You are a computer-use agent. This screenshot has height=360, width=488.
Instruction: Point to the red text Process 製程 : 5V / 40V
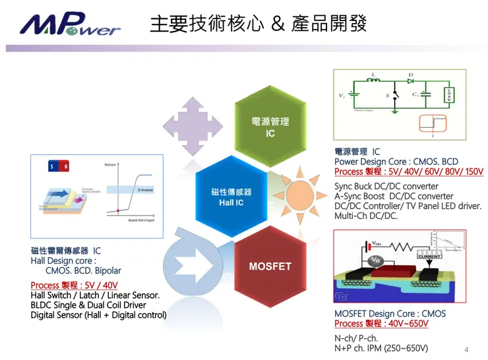(74, 285)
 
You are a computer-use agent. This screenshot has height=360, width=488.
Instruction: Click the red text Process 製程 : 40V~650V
(381, 324)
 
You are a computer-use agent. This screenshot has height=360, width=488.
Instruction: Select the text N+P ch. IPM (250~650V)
(381, 348)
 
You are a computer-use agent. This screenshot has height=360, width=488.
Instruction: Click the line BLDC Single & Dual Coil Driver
(88, 305)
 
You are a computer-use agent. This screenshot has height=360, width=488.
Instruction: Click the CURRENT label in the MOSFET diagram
(429, 256)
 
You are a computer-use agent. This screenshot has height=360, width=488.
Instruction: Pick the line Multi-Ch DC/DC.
(366, 216)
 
